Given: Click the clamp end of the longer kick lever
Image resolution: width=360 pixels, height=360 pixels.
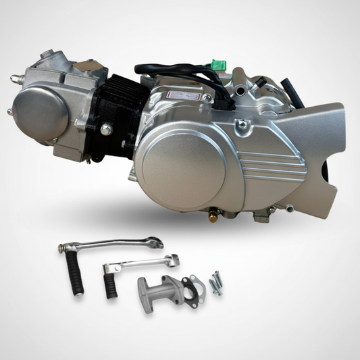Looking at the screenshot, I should click(x=153, y=240).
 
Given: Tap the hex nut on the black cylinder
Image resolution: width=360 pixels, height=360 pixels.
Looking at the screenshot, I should click(x=105, y=128).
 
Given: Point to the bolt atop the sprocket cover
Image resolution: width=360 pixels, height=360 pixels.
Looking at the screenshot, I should click(x=240, y=123).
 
